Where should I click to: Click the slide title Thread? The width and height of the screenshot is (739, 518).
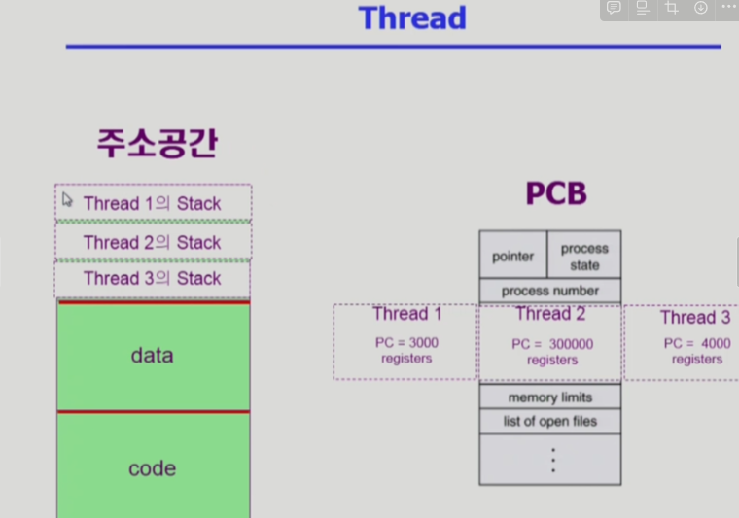pos(412,18)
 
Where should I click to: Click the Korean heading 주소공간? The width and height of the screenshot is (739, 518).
pos(157,143)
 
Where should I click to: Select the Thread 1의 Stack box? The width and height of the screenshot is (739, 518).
pos(153,203)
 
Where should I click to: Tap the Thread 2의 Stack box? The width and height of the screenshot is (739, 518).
pos(153,242)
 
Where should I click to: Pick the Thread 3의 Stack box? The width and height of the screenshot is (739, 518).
pos(153,278)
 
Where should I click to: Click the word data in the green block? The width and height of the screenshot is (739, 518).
pos(152,356)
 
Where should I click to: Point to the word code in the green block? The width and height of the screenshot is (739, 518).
pos(152,468)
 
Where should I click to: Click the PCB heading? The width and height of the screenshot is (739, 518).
pos(556,193)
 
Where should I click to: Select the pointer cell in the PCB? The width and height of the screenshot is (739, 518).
pos(513,257)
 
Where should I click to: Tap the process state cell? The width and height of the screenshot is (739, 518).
pos(584,257)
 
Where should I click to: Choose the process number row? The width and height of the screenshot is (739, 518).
pos(550,291)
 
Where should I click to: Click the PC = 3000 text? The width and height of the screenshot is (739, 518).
pos(406,343)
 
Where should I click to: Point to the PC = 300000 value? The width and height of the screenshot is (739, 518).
pos(552,344)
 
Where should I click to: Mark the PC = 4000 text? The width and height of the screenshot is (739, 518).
pos(697,343)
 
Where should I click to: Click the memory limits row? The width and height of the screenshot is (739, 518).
pos(550,397)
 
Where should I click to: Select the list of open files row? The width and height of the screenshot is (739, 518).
pos(550,421)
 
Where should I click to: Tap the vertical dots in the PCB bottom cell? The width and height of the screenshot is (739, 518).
pos(552,460)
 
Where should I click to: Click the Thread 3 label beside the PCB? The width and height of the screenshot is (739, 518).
pos(694,318)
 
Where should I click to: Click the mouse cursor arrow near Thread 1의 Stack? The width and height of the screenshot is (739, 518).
pos(67,199)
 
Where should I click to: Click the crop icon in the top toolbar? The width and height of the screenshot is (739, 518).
pos(672,8)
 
